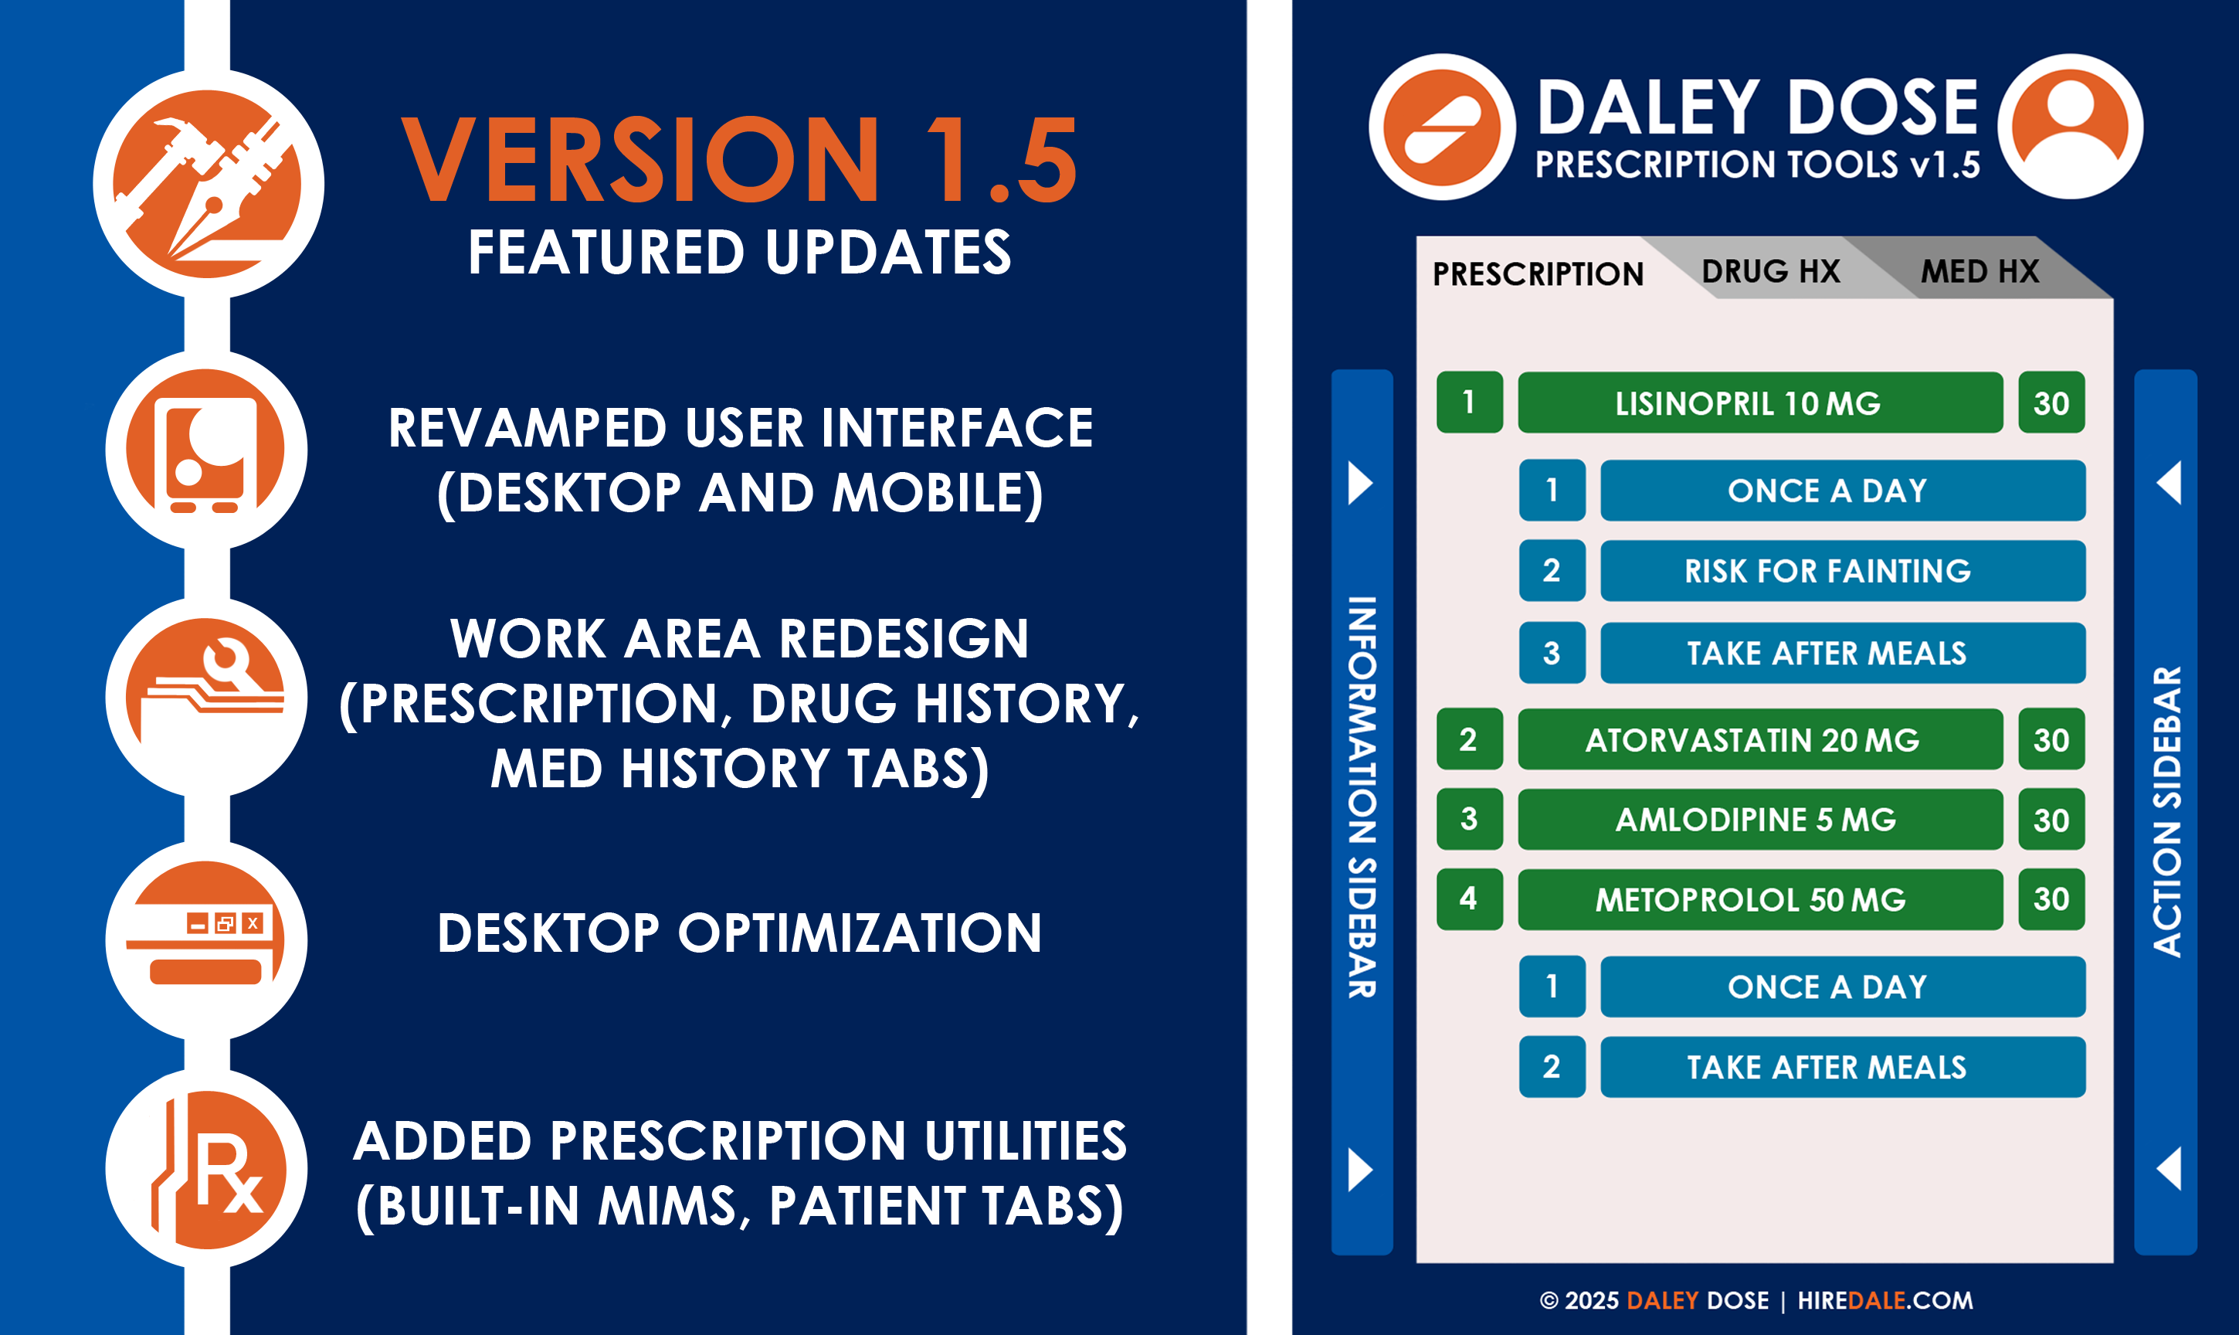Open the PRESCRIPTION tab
pyautogui.click(x=1538, y=273)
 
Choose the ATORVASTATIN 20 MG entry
pyautogui.click(x=1759, y=739)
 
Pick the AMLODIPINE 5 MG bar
pyautogui.click(x=1759, y=820)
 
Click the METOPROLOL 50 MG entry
pyautogui.click(x=1759, y=898)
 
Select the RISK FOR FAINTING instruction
pyautogui.click(x=1843, y=570)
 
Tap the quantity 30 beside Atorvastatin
pyautogui.click(x=2051, y=739)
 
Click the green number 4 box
pyautogui.click(x=1469, y=898)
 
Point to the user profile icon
pyautogui.click(x=2070, y=126)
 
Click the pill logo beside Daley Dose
pyautogui.click(x=1442, y=126)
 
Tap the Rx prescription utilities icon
pyautogui.click(x=206, y=1170)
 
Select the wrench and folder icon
pyautogui.click(x=206, y=697)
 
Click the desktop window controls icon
pyautogui.click(x=206, y=940)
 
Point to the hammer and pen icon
pyautogui.click(x=208, y=185)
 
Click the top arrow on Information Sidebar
pyautogui.click(x=1359, y=483)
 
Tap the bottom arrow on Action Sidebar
pyautogui.click(x=2169, y=1169)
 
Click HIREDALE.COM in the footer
pyautogui.click(x=1884, y=1300)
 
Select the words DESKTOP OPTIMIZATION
pyautogui.click(x=739, y=933)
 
